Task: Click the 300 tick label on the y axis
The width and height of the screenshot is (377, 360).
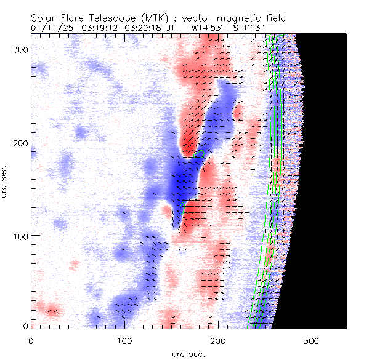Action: pyautogui.click(x=22, y=49)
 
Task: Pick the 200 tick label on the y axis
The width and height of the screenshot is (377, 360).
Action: pyautogui.click(x=22, y=142)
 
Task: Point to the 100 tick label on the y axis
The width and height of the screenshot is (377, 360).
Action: pyautogui.click(x=22, y=236)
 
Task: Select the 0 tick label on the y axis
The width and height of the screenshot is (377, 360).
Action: pyautogui.click(x=26, y=326)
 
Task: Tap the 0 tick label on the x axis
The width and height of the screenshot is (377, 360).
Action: pyautogui.click(x=31, y=340)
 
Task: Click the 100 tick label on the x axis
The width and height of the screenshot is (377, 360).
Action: pyautogui.click(x=124, y=340)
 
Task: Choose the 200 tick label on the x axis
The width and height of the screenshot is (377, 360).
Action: pyautogui.click(x=218, y=340)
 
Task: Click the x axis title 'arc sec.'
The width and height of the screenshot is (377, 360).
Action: pyautogui.click(x=188, y=353)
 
